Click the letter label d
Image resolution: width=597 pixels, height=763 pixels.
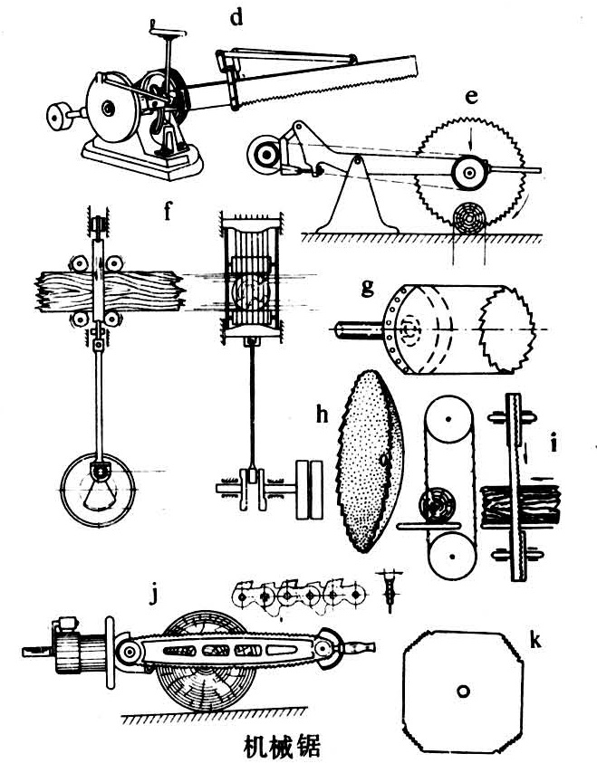pos(236,18)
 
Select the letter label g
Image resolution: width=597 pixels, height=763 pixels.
pos(368,288)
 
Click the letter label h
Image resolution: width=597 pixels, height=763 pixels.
pos(322,415)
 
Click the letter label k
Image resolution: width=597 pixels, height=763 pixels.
pos(535,641)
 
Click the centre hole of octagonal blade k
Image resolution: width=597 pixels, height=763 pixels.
pos(463,691)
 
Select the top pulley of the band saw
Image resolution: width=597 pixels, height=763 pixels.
pos(448,418)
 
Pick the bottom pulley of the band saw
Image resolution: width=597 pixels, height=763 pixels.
pos(452,555)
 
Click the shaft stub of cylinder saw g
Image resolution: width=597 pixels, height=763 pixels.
pos(359,329)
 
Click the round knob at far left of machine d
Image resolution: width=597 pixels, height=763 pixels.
pos(60,116)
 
